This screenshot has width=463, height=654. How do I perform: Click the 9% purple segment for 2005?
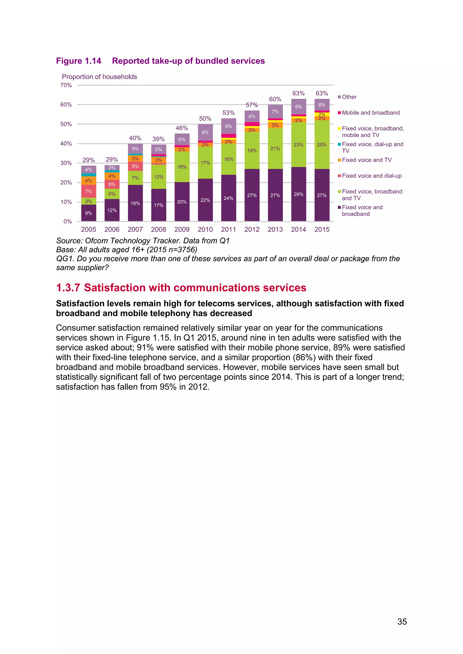[88, 213]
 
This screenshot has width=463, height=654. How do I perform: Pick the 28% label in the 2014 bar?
[298, 194]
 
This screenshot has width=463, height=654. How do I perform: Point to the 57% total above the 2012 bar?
[252, 105]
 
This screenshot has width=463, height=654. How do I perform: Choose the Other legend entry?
[349, 97]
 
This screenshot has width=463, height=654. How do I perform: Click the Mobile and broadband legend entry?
[370, 112]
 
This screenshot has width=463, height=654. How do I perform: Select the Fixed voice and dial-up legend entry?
[371, 176]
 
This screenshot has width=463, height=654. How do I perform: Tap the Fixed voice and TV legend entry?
[366, 160]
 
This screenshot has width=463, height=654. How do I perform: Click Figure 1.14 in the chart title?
[78, 61]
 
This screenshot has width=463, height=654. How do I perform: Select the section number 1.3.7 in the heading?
[68, 288]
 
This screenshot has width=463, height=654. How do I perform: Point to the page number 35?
[402, 621]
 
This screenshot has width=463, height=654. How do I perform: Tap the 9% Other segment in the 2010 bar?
[205, 133]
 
